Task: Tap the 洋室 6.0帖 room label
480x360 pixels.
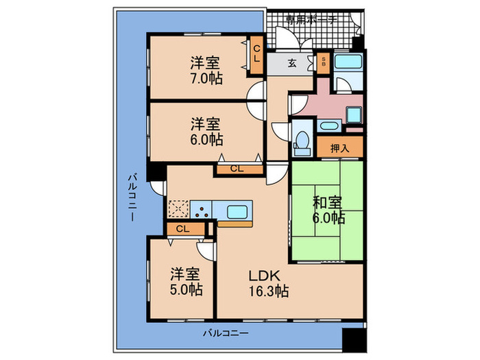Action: pos(206,131)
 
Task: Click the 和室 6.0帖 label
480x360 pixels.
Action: pos(328,210)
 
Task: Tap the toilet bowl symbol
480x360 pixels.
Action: pos(300,140)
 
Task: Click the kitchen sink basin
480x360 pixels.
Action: pos(235,209)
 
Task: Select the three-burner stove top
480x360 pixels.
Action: pos(202,209)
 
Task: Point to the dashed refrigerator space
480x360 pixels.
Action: pos(178,208)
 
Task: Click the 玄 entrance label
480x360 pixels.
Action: pos(291,64)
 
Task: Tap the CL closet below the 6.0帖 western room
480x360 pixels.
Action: pos(236,168)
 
